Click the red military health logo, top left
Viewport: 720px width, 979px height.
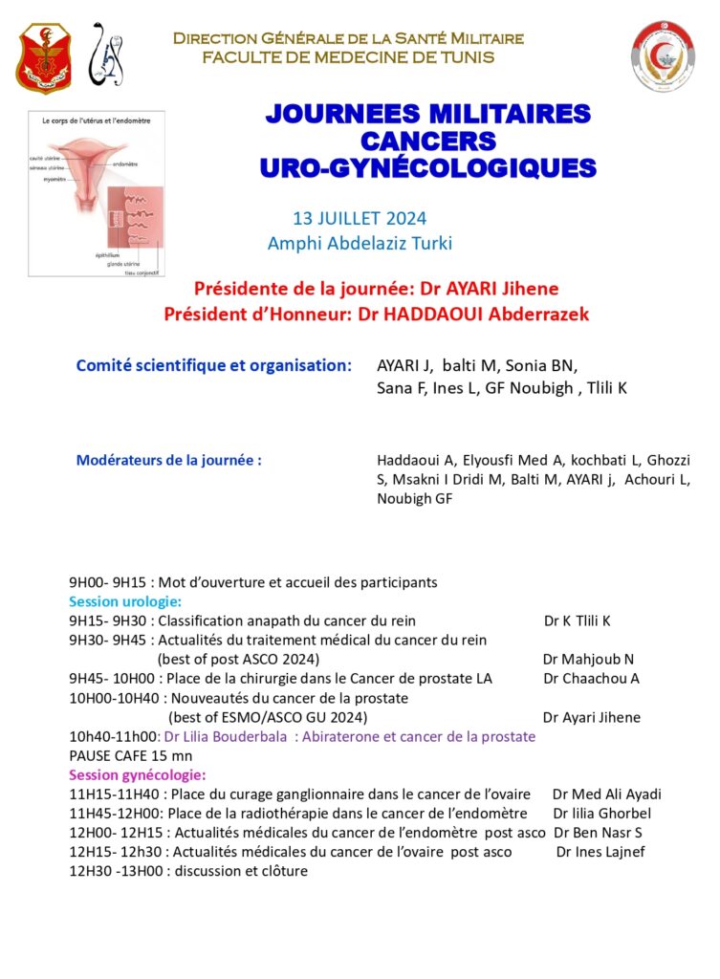pyautogui.click(x=43, y=58)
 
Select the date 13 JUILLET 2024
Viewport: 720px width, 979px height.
pyautogui.click(x=360, y=219)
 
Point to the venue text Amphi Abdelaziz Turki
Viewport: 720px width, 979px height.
pyautogui.click(x=360, y=244)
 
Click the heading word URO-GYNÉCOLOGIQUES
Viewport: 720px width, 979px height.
pyautogui.click(x=427, y=168)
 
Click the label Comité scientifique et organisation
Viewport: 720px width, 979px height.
pyautogui.click(x=213, y=365)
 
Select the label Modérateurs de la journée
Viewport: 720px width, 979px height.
pyautogui.click(x=168, y=461)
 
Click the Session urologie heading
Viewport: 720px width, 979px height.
pyautogui.click(x=124, y=601)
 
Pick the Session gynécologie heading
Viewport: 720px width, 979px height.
pyautogui.click(x=137, y=774)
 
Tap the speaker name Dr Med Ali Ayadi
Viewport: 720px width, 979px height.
pyautogui.click(x=606, y=794)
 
